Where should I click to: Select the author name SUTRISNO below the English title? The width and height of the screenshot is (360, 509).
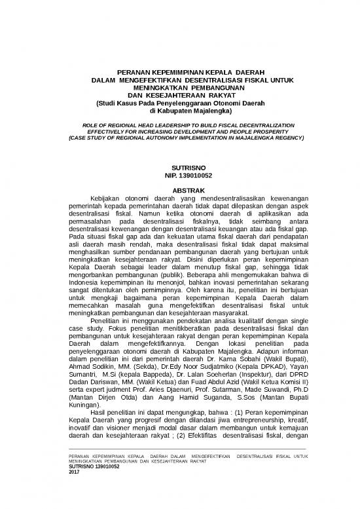click(x=179, y=168)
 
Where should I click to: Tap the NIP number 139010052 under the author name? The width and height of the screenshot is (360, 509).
click(x=179, y=176)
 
